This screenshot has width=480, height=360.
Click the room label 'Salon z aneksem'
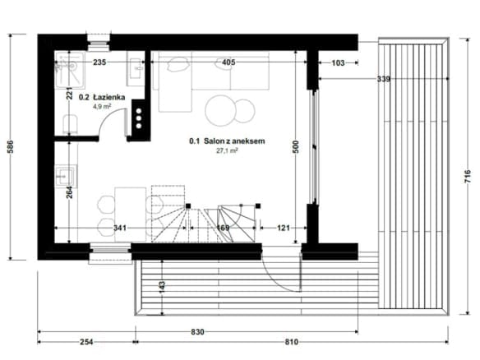pyautogui.click(x=234, y=141)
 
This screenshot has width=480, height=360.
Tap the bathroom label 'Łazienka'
pyautogui.click(x=109, y=97)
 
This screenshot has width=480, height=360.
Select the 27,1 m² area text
pyautogui.click(x=227, y=150)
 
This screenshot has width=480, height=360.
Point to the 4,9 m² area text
pyautogui.click(x=102, y=107)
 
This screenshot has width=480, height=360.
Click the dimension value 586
pyautogui.click(x=10, y=146)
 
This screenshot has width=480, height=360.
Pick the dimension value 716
pyautogui.click(x=468, y=177)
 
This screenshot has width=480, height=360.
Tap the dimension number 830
pyautogui.click(x=197, y=332)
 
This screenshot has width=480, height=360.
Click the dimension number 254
pyautogui.click(x=86, y=342)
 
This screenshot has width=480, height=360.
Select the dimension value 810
pyautogui.click(x=292, y=342)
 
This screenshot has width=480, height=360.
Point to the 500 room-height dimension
pyautogui.click(x=296, y=146)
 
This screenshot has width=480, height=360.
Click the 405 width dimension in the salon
pyautogui.click(x=228, y=62)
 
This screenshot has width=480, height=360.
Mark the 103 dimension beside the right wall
pyautogui.click(x=338, y=62)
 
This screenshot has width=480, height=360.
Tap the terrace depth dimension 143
pyautogui.click(x=162, y=287)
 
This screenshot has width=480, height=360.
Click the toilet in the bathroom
pyautogui.click(x=71, y=124)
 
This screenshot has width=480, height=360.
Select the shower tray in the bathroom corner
pyautogui.click(x=70, y=70)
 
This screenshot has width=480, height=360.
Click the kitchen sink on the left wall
pyautogui.click(x=66, y=177)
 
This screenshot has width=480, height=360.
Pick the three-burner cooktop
pyautogui.click(x=139, y=118)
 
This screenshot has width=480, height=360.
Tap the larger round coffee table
pyautogui.click(x=220, y=110)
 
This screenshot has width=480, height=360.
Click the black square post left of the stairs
pyautogui.click(x=188, y=206)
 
